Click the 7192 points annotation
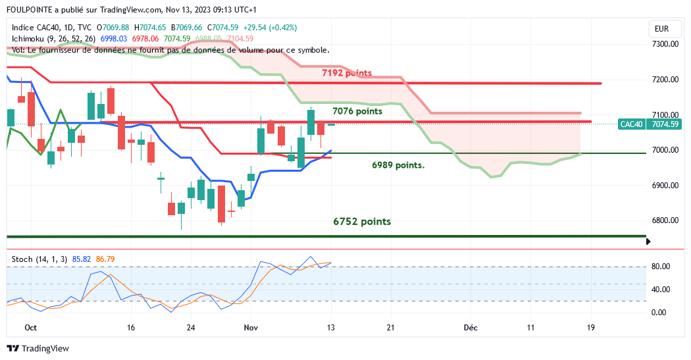(x=347, y=73)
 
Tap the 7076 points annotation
(x=357, y=112)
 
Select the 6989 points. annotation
(x=398, y=165)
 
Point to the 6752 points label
(x=362, y=222)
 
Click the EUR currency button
(x=661, y=29)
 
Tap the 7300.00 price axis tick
(x=664, y=44)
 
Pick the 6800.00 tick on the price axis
(x=664, y=220)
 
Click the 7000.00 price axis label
(x=664, y=150)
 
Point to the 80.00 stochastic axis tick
(x=660, y=267)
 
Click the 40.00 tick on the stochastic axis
(x=660, y=290)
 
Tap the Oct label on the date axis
(x=30, y=327)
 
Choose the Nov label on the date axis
(x=251, y=327)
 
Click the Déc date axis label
(x=470, y=327)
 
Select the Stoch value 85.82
(x=81, y=259)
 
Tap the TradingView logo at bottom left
(x=38, y=348)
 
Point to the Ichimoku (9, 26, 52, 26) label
(x=54, y=39)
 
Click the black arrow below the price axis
(x=649, y=242)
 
